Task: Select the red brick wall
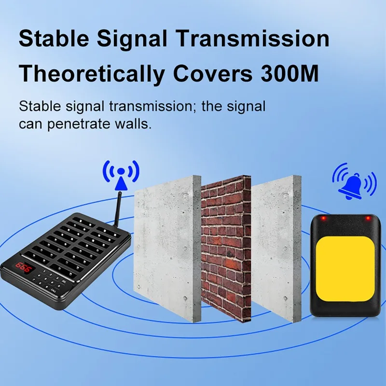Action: tap(226, 246)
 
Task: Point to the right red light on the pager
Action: tap(367, 219)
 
